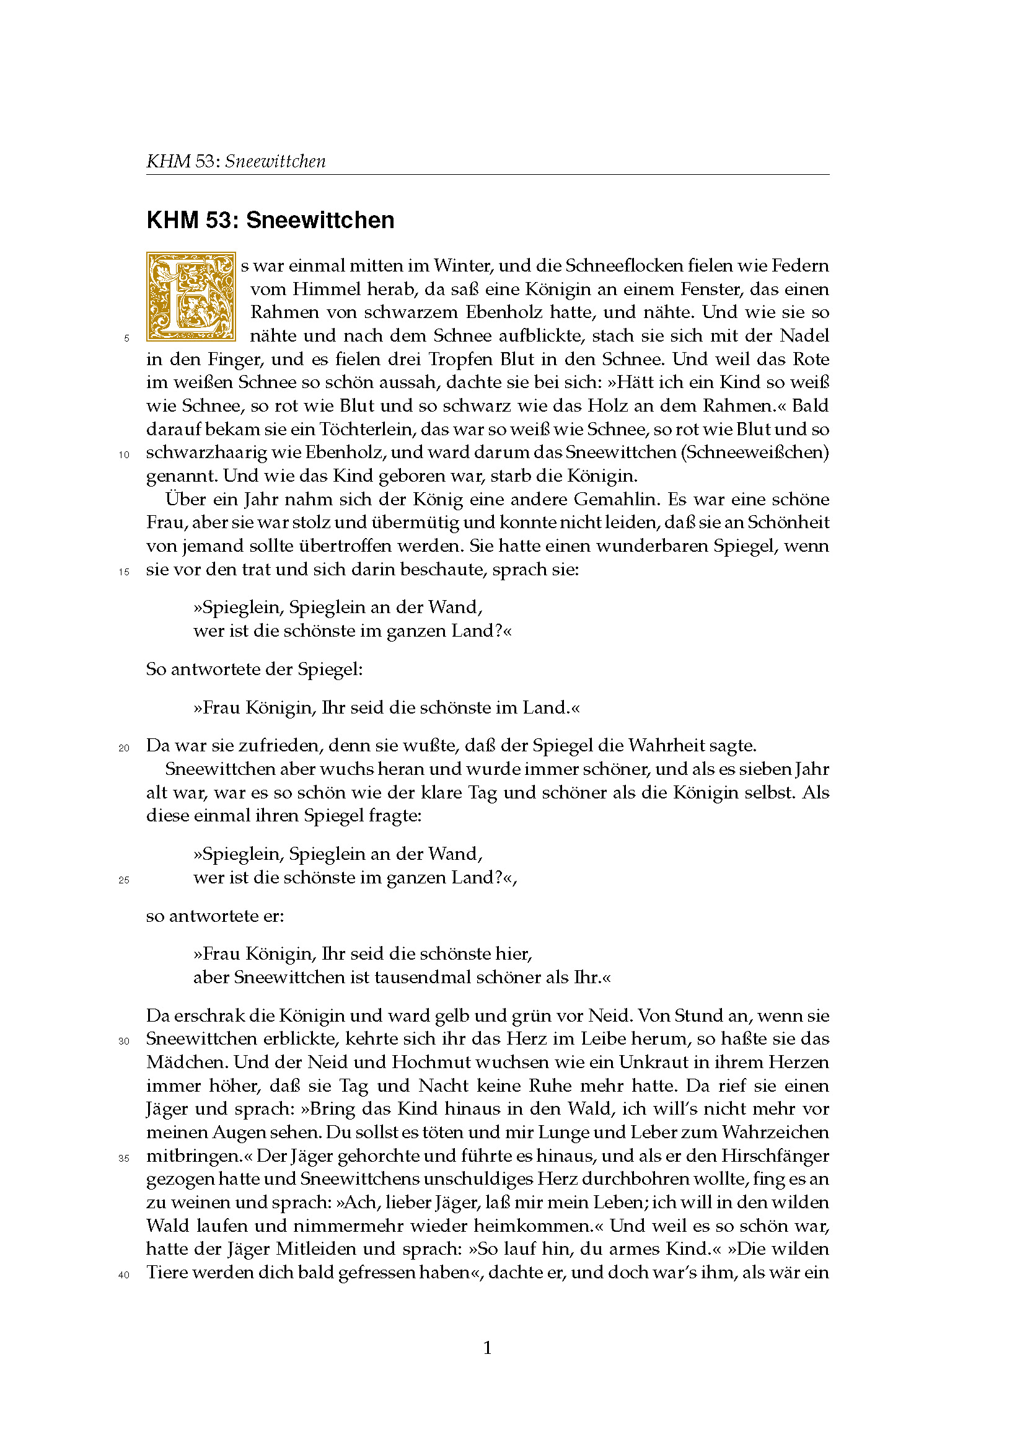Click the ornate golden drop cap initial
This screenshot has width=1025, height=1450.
point(191,296)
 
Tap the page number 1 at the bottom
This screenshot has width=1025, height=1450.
point(487,1348)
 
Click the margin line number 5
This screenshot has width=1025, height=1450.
point(126,338)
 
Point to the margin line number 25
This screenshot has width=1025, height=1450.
point(124,880)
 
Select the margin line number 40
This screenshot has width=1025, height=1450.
point(124,1275)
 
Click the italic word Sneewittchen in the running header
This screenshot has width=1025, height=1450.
point(275,161)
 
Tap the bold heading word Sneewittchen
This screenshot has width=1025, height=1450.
point(320,220)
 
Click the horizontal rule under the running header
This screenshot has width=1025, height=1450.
point(487,175)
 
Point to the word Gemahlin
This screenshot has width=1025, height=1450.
point(617,500)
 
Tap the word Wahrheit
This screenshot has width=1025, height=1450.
point(666,746)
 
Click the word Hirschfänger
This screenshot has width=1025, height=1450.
point(775,1156)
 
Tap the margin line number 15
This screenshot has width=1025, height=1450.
point(124,572)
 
